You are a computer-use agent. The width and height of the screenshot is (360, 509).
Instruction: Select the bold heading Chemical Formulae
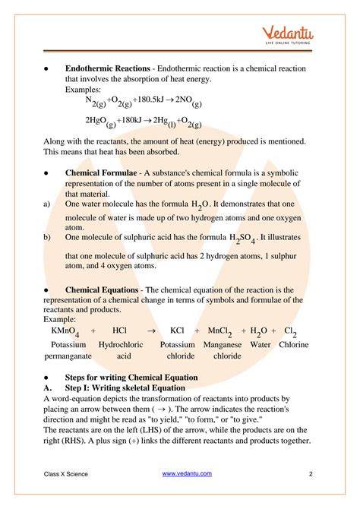click(101, 173)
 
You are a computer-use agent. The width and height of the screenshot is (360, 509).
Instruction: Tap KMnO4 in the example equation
click(66, 332)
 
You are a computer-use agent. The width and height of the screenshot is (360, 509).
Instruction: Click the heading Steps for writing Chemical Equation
click(131, 378)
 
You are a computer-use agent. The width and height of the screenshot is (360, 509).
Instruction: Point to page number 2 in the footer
click(311, 474)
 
